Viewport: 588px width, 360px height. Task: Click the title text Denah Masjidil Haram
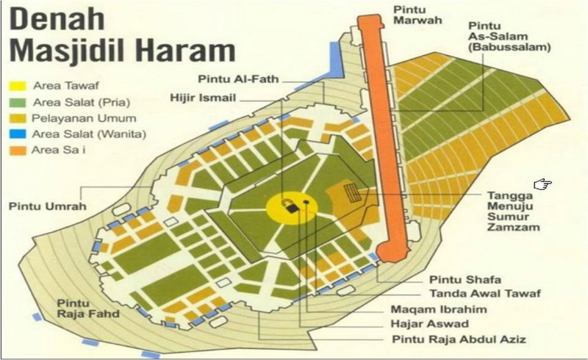117,35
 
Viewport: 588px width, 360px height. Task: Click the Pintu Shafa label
456,280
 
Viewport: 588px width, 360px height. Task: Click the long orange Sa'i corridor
381,140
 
